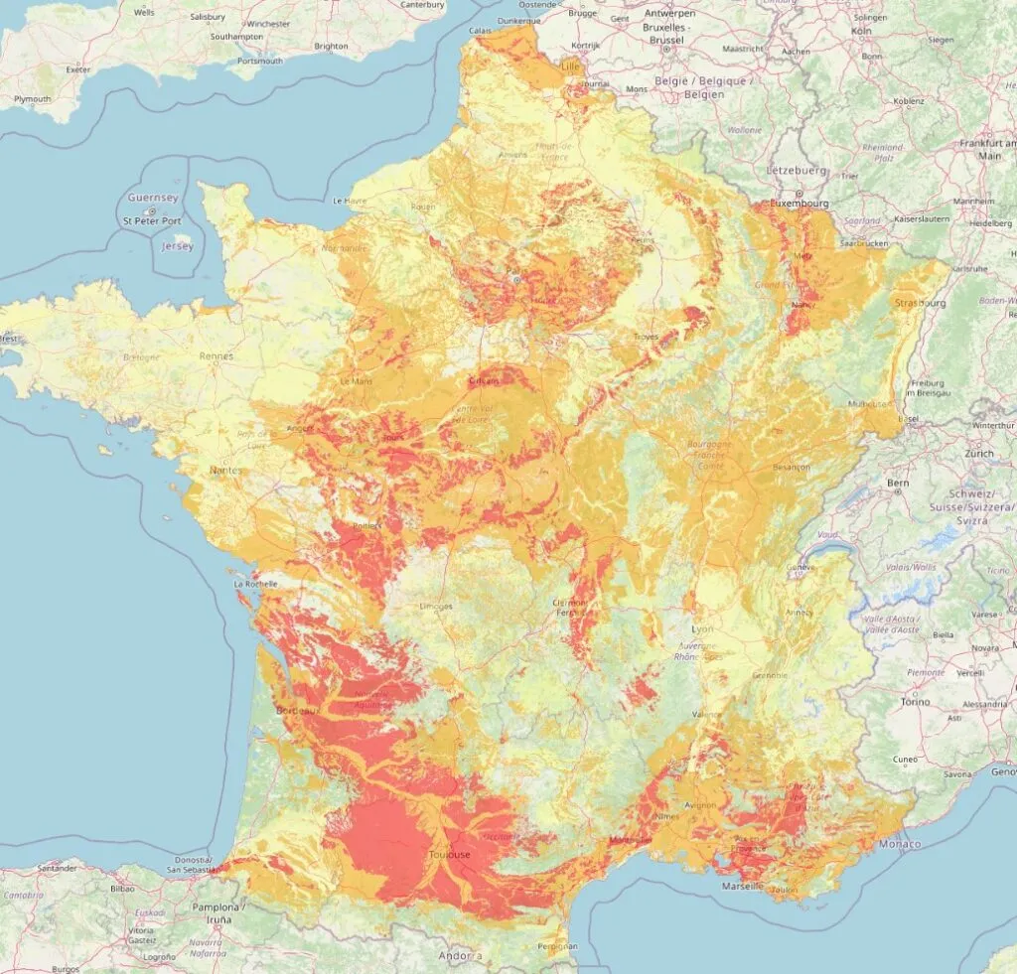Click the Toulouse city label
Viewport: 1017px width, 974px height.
tap(450, 854)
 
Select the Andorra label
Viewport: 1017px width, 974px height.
tap(460, 956)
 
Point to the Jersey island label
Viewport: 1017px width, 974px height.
tap(178, 245)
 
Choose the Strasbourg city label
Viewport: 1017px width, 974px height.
tap(920, 302)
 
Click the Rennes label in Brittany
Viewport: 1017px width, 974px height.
tap(216, 355)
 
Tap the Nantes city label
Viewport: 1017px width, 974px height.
tap(225, 470)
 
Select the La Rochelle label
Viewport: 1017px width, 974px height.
tap(255, 585)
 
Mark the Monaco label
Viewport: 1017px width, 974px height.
tap(900, 844)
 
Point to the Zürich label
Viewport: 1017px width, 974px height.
tap(978, 453)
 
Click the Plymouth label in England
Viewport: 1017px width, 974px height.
tap(32, 99)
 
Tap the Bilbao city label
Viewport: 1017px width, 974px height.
tap(122, 890)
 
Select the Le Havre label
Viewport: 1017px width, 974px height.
tap(351, 201)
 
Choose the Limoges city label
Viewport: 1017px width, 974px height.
tap(435, 606)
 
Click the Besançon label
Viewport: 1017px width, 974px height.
tap(792, 467)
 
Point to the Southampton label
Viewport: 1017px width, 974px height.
tap(237, 37)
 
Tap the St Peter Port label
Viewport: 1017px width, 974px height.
tap(152, 220)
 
